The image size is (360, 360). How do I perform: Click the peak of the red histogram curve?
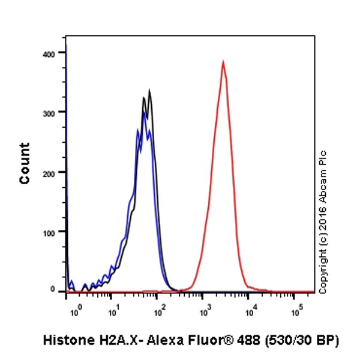(223, 62)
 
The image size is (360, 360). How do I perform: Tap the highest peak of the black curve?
(149, 91)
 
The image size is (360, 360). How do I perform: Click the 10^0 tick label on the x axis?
(74, 311)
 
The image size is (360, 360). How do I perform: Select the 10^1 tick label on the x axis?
(113, 311)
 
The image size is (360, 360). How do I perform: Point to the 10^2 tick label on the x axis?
(158, 311)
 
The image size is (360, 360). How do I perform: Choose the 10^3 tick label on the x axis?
(204, 311)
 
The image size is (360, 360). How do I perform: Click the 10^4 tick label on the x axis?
(250, 311)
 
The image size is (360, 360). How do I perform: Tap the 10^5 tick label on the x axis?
(296, 311)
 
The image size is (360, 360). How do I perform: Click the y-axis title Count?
(25, 163)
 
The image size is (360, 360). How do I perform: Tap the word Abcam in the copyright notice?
(324, 180)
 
